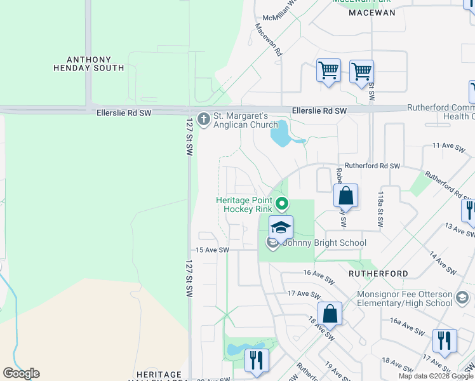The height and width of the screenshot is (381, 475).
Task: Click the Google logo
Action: (21, 373)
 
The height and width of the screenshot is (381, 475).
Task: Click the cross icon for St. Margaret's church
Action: (204, 118)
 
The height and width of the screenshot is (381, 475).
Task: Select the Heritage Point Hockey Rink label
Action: (244, 204)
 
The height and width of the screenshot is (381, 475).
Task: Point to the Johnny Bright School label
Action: (324, 243)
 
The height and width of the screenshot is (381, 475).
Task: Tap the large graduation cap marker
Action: (281, 227)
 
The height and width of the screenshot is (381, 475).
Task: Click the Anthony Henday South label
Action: (88, 63)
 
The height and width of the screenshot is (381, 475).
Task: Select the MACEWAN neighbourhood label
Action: (372, 12)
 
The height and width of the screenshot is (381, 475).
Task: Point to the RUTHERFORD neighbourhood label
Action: (378, 274)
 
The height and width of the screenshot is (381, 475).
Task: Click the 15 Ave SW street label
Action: (212, 250)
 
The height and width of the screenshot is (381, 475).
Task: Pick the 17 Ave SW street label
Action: (302, 294)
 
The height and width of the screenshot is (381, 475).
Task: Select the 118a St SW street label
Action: (380, 210)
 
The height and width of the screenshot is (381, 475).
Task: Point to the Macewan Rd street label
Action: (268, 39)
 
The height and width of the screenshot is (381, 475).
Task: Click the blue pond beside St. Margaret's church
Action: (281, 135)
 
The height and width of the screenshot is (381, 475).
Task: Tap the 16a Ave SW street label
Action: (406, 331)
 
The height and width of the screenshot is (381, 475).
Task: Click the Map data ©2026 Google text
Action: (434, 376)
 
